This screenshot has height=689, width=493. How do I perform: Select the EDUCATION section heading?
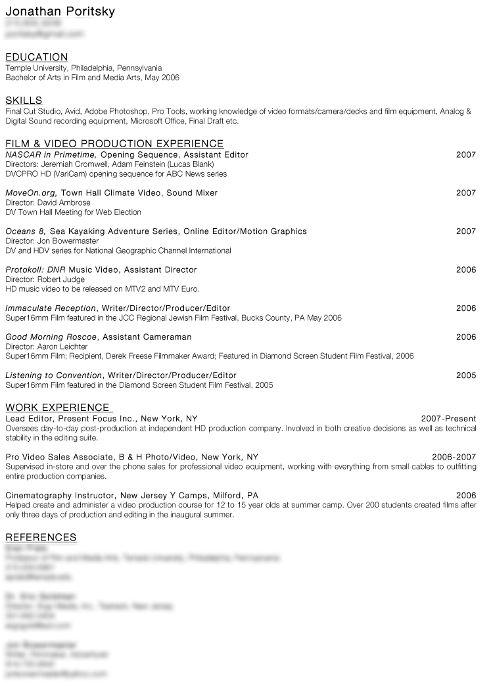pyautogui.click(x=36, y=57)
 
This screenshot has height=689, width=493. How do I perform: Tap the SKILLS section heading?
pyautogui.click(x=24, y=101)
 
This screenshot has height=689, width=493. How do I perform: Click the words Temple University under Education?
pyautogui.click(x=36, y=68)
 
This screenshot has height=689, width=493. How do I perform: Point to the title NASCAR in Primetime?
pyautogui.click(x=51, y=154)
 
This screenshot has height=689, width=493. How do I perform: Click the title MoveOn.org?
pyautogui.click(x=31, y=193)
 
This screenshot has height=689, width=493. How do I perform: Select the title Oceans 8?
pyautogui.click(x=25, y=231)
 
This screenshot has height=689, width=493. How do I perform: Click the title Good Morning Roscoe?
pyautogui.click(x=51, y=337)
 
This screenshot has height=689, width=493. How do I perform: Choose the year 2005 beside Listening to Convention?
pyautogui.click(x=465, y=375)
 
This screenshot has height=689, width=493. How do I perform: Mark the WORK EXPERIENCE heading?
pyautogui.click(x=57, y=408)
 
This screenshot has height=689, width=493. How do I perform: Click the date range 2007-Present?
pyautogui.click(x=448, y=419)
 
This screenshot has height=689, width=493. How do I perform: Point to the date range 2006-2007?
pyautogui.click(x=454, y=457)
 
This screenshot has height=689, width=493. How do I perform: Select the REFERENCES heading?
pyautogui.click(x=41, y=538)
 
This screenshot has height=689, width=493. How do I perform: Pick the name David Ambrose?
pyautogui.click(x=64, y=202)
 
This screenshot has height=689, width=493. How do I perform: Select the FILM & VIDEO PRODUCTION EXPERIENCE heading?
pyautogui.click(x=114, y=144)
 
